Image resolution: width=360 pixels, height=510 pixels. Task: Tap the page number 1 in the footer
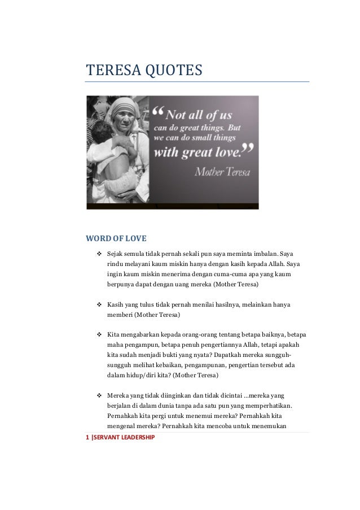click(87, 438)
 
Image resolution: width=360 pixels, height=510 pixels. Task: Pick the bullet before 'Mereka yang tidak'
click(99, 395)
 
